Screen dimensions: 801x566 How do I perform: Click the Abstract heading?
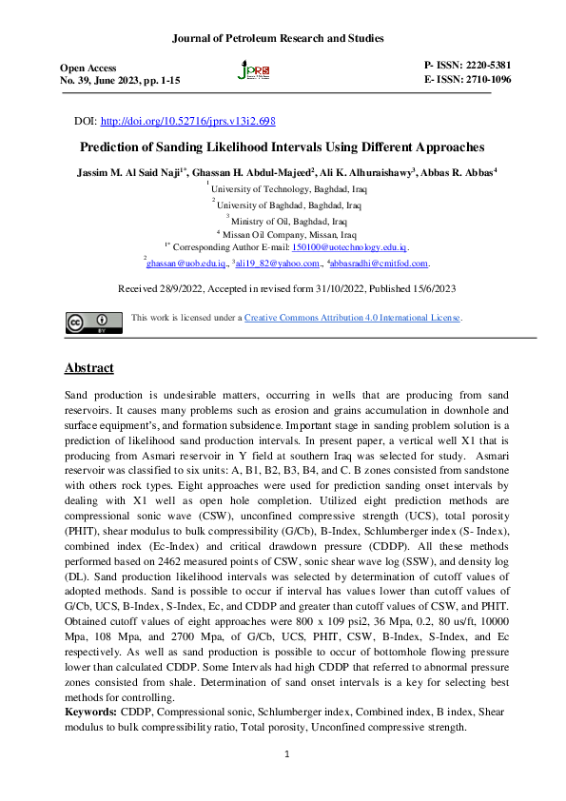[x=88, y=368]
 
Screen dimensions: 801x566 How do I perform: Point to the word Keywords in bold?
[x=92, y=711]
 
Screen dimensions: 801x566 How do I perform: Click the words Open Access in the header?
[x=88, y=68]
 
